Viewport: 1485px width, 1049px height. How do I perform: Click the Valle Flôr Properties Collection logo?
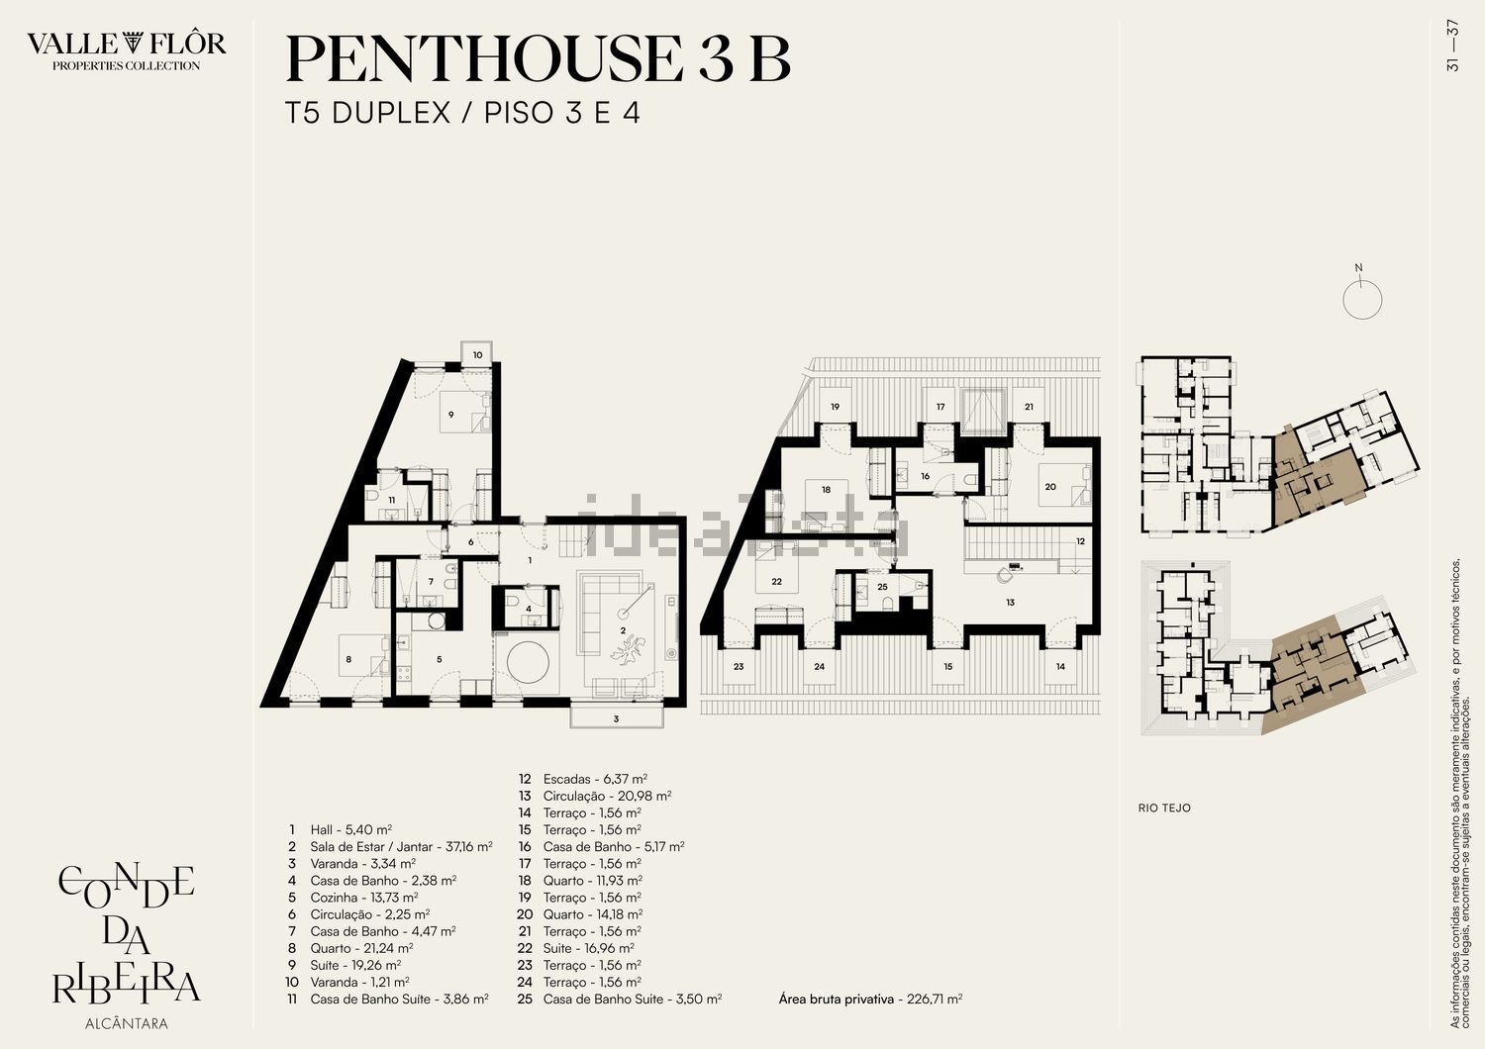126,50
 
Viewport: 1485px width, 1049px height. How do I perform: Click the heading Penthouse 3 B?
538,59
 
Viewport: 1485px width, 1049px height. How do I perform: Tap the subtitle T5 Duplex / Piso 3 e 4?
462,113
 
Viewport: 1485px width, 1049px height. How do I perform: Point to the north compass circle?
1362,300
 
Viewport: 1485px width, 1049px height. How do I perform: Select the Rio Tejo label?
1164,808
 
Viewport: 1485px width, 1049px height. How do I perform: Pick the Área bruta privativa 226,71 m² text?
870,999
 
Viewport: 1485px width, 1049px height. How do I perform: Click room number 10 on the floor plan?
477,355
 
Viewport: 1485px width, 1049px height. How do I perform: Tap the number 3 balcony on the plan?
616,719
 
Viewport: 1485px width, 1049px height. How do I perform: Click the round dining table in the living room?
528,662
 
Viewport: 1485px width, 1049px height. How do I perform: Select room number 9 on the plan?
450,415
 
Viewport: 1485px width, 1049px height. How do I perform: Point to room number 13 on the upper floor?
1010,603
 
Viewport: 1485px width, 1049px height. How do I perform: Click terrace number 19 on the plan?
835,407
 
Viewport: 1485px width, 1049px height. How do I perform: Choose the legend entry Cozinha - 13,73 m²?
364,898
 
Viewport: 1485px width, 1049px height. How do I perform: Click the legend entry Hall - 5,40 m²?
350,829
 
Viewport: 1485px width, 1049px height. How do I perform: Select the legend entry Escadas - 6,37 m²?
595,779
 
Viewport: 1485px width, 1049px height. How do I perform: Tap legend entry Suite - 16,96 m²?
589,948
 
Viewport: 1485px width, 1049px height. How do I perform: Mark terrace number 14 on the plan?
1060,667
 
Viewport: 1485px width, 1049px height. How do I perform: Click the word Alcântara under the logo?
127,1023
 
